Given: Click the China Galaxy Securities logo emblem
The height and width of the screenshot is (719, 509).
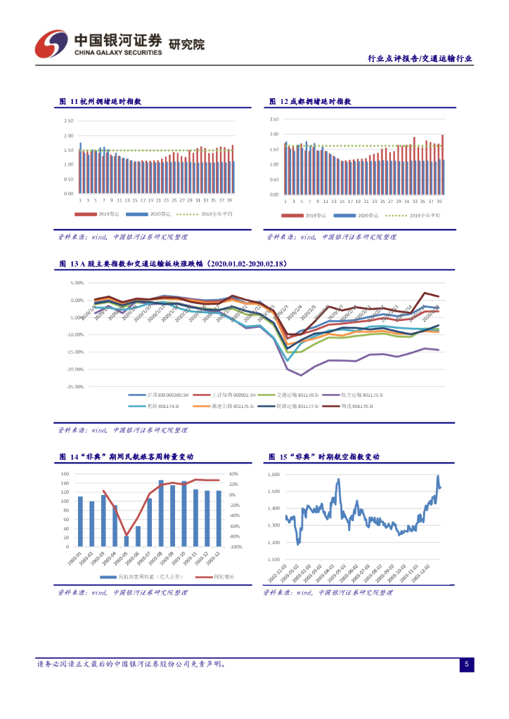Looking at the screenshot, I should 51,46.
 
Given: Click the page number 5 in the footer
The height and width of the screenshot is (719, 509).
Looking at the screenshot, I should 467,664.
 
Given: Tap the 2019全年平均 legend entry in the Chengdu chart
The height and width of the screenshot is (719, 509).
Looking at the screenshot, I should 425,215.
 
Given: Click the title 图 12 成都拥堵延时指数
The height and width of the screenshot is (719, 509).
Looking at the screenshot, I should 310,102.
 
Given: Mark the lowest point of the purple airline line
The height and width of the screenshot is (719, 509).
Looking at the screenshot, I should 301,375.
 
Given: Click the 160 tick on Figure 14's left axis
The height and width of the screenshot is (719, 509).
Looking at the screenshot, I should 65,474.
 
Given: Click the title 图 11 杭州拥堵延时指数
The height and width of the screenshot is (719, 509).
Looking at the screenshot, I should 101,102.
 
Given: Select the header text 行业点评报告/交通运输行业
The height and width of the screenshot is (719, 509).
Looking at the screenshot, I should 420,59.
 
